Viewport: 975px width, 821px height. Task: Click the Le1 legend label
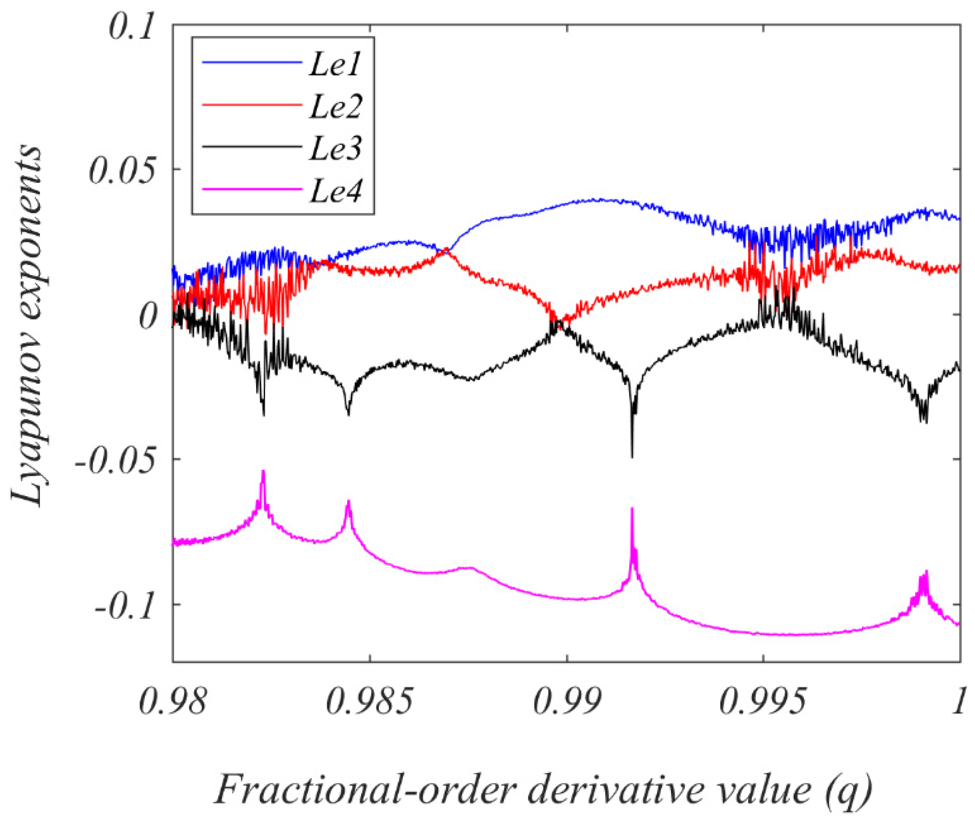(334, 64)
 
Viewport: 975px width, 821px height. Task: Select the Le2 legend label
(334, 106)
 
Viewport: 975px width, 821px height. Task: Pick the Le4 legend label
(334, 190)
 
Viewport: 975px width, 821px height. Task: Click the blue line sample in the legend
(252, 62)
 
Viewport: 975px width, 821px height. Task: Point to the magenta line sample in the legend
(252, 189)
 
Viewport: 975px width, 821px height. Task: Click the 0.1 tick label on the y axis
(130, 26)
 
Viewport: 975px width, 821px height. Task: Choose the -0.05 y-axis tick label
(115, 461)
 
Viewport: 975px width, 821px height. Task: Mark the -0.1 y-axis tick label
(125, 607)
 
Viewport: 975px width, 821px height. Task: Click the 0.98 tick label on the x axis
(172, 702)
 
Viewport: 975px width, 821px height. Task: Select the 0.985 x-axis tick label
(369, 702)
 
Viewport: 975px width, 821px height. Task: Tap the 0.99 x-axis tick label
(567, 702)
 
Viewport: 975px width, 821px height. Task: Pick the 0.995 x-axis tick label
(763, 702)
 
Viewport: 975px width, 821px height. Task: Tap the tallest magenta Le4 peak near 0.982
(263, 472)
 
